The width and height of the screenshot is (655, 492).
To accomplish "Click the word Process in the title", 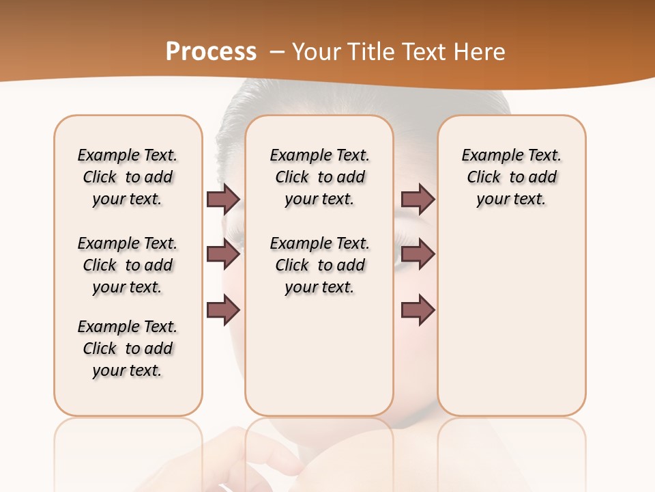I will [x=211, y=51].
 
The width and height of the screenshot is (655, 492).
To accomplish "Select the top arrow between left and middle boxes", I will [x=223, y=199].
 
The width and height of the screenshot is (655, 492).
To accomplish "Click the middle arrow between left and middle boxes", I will [x=223, y=255].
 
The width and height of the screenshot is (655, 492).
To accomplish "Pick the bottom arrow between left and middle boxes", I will [x=223, y=310].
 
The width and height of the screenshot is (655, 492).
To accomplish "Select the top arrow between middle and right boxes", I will [x=418, y=199].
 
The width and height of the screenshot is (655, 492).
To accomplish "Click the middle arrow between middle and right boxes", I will [x=418, y=255].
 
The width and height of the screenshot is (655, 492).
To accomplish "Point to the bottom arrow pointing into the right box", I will [x=418, y=310].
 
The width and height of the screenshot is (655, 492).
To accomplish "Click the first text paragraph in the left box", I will [x=128, y=177].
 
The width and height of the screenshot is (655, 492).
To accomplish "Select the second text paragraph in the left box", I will [x=128, y=265].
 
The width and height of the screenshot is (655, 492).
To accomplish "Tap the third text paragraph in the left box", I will [x=128, y=348].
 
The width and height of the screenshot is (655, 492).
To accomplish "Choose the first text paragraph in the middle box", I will [x=320, y=177].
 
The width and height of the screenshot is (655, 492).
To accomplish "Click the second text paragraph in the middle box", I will [x=320, y=265].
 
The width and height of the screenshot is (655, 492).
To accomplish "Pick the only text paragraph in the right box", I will [x=512, y=177].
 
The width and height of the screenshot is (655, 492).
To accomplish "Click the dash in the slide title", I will [x=278, y=51].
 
